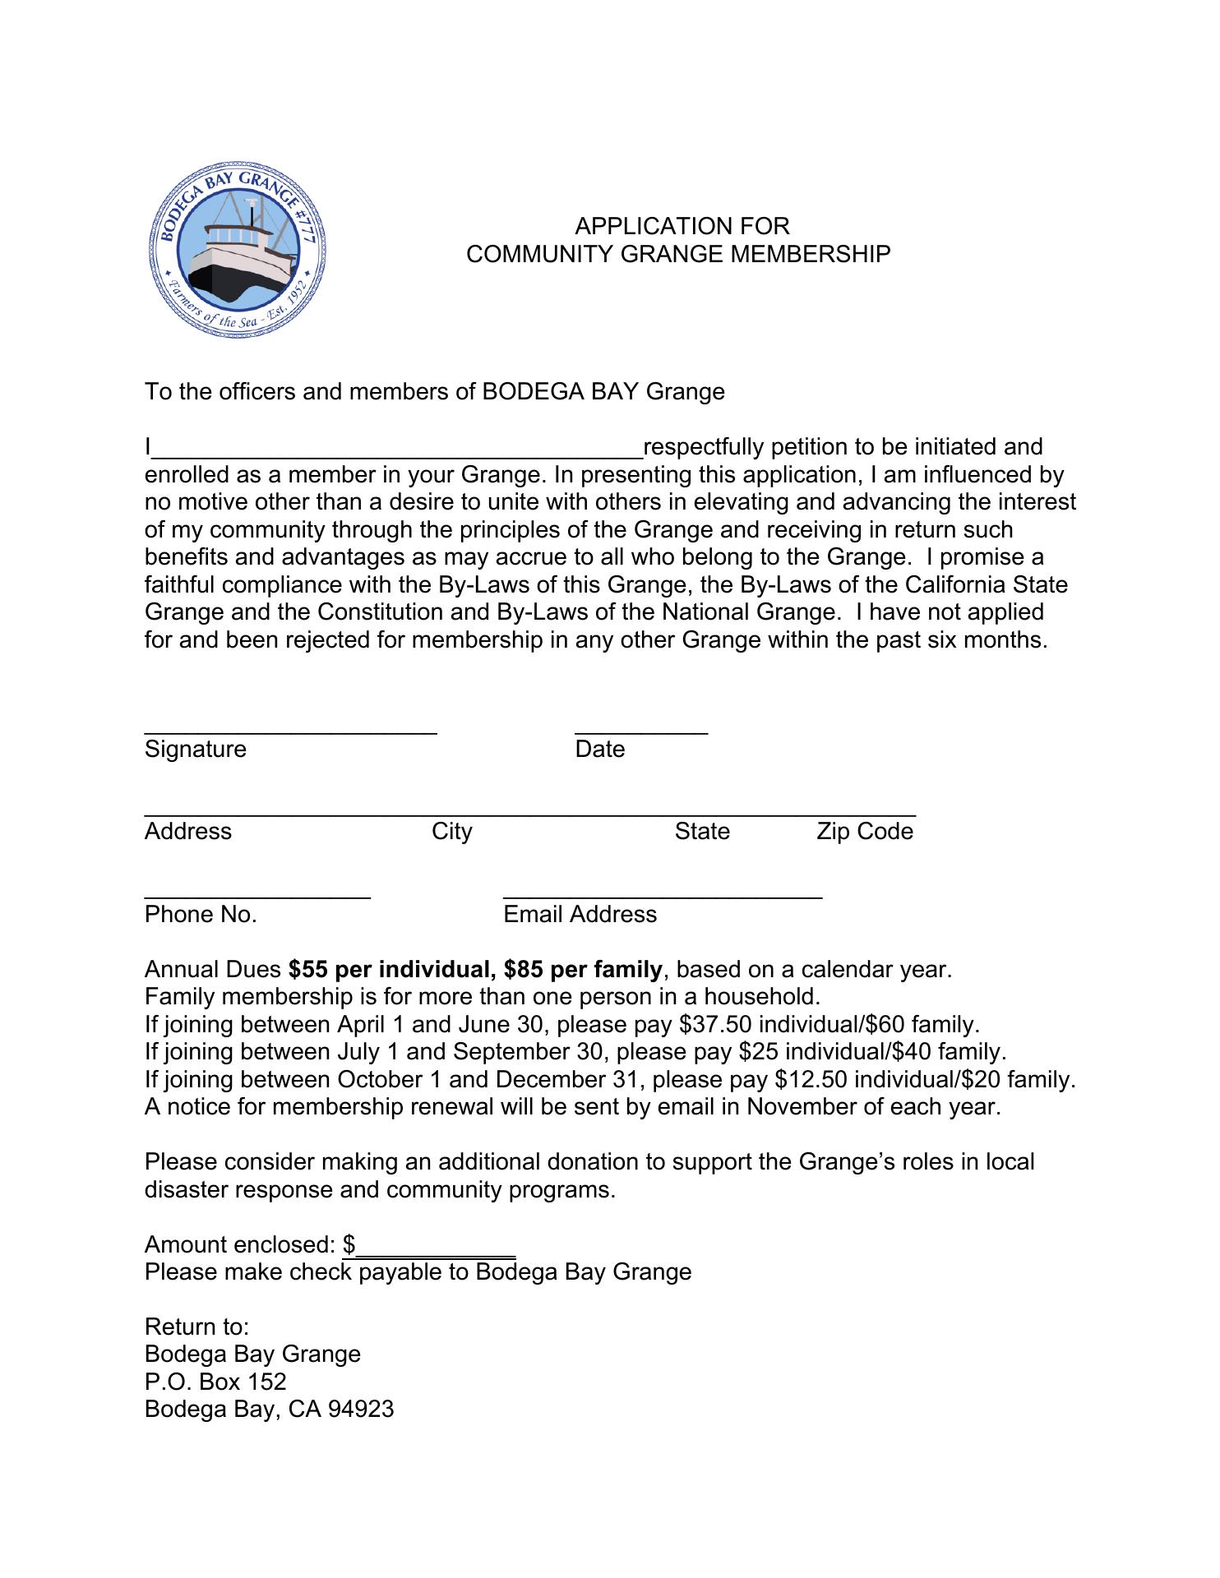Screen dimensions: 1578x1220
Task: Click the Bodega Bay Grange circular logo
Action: (238, 250)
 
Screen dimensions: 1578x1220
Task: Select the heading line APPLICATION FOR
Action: (682, 226)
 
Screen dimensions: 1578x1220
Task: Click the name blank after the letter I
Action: (398, 449)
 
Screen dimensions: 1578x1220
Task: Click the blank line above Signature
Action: (290, 728)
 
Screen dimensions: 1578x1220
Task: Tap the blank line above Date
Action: (641, 728)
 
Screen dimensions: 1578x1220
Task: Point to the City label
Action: (452, 832)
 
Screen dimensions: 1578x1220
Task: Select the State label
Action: (702, 832)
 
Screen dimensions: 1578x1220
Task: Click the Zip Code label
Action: (865, 832)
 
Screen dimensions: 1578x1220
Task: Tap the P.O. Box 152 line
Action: (215, 1382)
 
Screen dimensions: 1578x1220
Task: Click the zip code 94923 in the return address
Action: (361, 1410)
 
